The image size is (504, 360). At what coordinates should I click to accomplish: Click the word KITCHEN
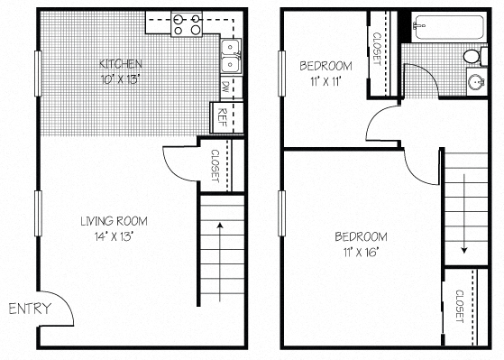(120, 63)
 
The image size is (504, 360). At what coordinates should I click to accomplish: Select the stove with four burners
(187, 23)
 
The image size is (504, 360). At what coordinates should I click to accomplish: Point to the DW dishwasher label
(225, 88)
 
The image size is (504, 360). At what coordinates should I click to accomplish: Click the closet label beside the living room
(215, 165)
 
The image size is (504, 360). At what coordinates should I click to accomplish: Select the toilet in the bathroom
(472, 57)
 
